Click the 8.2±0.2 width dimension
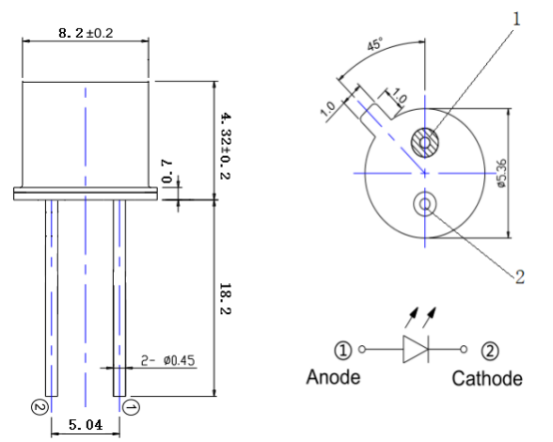pos(86,33)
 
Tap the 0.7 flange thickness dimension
pos(167,178)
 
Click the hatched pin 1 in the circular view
pos(427,144)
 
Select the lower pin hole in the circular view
pos(426,205)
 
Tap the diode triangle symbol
pos(414,349)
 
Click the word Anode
pos(331,378)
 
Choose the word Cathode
pos(486,378)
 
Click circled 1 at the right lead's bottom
pos(130,407)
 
